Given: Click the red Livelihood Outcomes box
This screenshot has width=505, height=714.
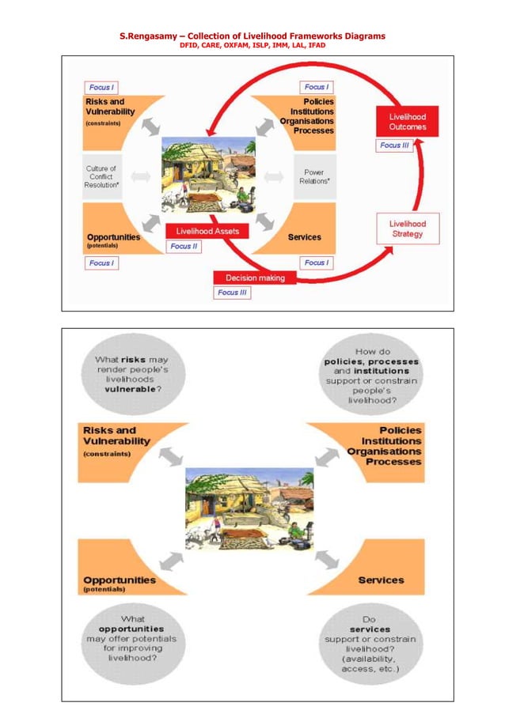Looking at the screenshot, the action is point(407,122).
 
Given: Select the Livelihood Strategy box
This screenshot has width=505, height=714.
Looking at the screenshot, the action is point(407,229).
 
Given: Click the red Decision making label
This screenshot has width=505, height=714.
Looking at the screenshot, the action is point(254,278).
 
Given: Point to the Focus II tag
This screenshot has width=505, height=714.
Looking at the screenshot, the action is point(185,246).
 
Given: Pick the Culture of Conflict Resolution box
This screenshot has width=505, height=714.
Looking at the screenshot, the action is point(101,176).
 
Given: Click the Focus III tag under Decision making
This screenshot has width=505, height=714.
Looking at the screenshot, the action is point(232,293).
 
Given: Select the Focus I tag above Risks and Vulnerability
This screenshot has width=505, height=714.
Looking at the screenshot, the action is point(101,87).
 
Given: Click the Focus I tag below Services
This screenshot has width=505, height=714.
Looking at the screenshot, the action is point(316,263).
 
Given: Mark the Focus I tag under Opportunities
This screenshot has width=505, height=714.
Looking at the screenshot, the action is point(101,263).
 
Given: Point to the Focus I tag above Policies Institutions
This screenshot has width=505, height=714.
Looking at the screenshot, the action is point(316,87).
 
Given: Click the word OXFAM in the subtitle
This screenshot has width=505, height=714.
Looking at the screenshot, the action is point(238,45).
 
